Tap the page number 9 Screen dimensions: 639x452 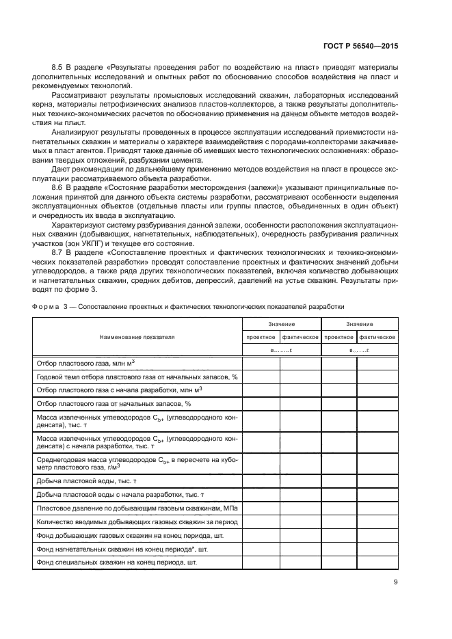396,582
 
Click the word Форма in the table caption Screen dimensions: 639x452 44,306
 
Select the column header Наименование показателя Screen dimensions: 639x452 137,337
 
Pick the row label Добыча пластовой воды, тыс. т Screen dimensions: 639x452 86,481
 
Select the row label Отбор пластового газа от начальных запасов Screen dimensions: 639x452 103,403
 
